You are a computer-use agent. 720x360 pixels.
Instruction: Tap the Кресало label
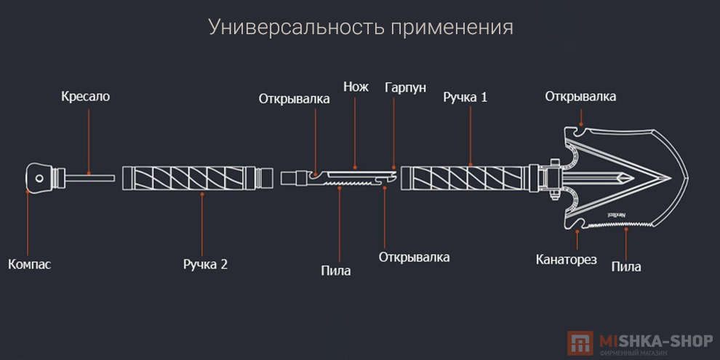point(86,96)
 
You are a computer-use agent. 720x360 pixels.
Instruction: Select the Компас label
point(30,264)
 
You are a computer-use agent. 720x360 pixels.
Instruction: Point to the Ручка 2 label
point(205,264)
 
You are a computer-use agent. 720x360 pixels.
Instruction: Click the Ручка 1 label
point(465,96)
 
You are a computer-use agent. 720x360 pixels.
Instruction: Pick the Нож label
point(356,87)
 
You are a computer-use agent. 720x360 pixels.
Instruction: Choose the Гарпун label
point(405,87)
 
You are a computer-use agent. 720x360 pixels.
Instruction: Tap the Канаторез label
point(567,258)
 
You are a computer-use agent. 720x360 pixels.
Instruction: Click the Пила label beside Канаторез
point(626,266)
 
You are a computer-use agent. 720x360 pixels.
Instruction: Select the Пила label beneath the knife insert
point(336,271)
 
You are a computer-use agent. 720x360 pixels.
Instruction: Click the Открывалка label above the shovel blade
point(580,96)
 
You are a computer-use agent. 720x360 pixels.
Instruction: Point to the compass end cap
point(41,177)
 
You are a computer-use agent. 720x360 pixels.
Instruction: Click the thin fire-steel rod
point(91,176)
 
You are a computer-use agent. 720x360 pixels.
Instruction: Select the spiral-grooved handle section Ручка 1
point(465,178)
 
